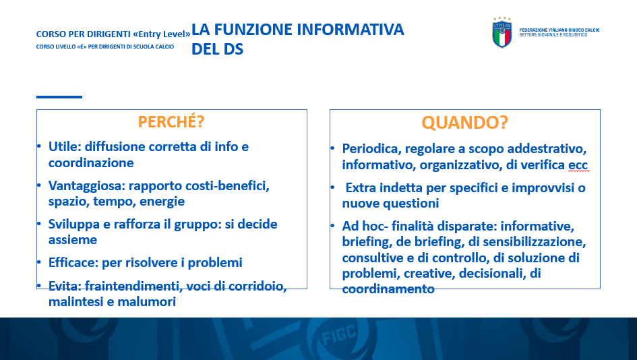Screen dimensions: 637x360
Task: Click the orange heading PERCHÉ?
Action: [171, 122]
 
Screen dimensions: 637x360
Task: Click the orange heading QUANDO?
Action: [464, 123]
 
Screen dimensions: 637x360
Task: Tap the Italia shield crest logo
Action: [502, 33]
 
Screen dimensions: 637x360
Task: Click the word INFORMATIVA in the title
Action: [351, 30]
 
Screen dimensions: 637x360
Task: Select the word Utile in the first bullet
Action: [65, 147]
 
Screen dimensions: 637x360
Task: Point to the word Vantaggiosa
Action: [86, 186]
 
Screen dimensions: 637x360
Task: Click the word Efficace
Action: [73, 262]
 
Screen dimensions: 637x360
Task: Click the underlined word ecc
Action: [578, 165]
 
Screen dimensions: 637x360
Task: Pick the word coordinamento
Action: [388, 289]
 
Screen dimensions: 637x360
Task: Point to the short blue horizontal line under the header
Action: [59, 97]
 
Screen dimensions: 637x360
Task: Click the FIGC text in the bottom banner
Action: [339, 334]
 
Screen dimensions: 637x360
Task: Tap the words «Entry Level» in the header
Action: [162, 34]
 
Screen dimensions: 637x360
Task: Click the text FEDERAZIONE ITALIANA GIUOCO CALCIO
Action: [559, 30]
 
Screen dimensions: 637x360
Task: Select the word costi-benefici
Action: [227, 185]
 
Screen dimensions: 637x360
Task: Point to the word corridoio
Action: [257, 286]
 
